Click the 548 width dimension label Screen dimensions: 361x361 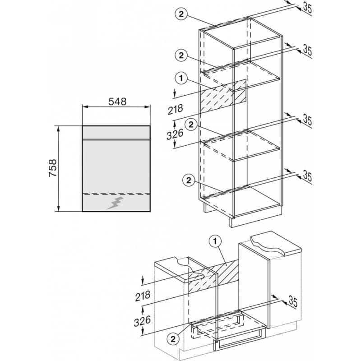[117, 101]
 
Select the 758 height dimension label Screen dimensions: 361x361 [53, 168]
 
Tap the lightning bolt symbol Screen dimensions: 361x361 [115, 203]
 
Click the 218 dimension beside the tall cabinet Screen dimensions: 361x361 [176, 109]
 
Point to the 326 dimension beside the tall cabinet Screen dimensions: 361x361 [175, 134]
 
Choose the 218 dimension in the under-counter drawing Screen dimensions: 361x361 [143, 296]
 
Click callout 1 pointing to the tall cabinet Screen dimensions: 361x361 [181, 78]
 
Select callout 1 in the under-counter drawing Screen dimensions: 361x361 [215, 241]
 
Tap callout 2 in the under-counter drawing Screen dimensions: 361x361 [173, 339]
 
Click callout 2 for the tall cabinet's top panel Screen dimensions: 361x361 [181, 14]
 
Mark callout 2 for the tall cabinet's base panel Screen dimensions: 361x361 [189, 180]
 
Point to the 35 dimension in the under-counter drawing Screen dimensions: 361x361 [293, 302]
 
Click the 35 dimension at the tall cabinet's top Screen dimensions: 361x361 [307, 8]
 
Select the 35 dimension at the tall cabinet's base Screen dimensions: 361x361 [307, 176]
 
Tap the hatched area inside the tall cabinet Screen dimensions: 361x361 [223, 96]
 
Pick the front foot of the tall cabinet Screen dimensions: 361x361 [231, 222]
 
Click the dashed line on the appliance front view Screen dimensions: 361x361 [116, 194]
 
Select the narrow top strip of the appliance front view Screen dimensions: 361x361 [116, 133]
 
